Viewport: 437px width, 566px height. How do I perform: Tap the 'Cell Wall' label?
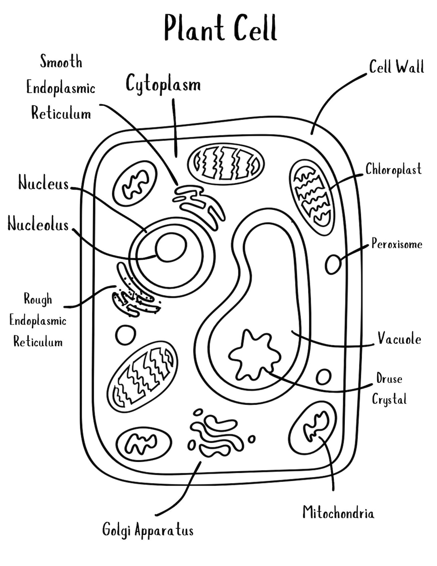pyautogui.click(x=396, y=67)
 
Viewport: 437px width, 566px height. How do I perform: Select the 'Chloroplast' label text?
pyautogui.click(x=393, y=169)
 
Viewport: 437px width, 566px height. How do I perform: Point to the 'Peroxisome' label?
pyautogui.click(x=397, y=244)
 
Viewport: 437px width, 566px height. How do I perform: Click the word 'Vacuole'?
pyautogui.click(x=399, y=338)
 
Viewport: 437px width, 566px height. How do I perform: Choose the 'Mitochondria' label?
pyautogui.click(x=338, y=513)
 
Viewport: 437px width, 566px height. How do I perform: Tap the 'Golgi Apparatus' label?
pyautogui.click(x=148, y=530)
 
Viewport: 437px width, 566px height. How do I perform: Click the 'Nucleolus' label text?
pyautogui.click(x=38, y=224)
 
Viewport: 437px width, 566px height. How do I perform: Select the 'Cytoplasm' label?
pyautogui.click(x=163, y=84)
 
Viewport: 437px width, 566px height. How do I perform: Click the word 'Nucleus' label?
pyautogui.click(x=44, y=184)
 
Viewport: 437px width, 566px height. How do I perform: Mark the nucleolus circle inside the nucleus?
pyautogui.click(x=171, y=248)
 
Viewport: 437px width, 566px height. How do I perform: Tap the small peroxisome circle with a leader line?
pyautogui.click(x=333, y=265)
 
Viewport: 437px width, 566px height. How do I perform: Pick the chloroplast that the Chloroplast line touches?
pyautogui.click(x=312, y=197)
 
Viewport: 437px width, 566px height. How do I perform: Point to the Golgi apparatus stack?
pyautogui.click(x=216, y=436)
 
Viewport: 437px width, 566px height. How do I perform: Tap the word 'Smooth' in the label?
pyautogui.click(x=61, y=62)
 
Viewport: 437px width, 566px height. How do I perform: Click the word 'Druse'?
pyautogui.click(x=389, y=379)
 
